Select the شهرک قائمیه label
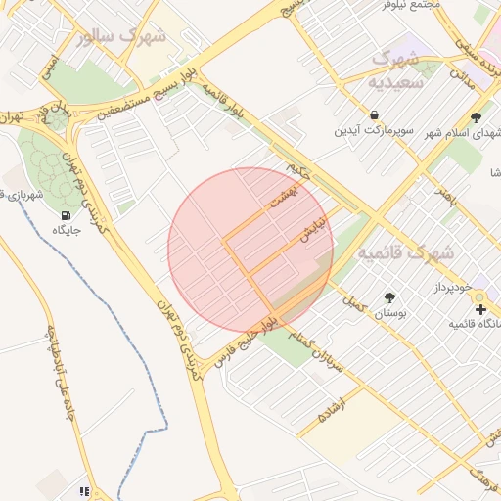coord(405,252)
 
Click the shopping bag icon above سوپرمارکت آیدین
coord(375,114)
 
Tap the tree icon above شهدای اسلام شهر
coord(476,117)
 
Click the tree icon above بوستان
coord(390,296)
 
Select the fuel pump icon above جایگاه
coord(66,214)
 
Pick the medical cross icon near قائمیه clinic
coord(480,309)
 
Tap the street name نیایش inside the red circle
coord(312,231)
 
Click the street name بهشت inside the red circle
coord(284,193)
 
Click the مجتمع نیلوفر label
coord(413,5)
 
